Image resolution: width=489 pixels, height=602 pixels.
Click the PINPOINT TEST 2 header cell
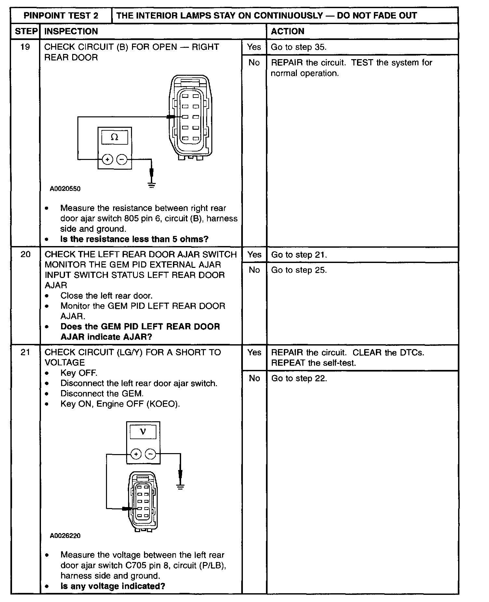[x=61, y=16]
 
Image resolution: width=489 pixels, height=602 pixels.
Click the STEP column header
[x=26, y=31]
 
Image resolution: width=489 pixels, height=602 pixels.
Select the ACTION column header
[x=287, y=31]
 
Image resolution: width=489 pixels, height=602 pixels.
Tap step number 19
[x=25, y=47]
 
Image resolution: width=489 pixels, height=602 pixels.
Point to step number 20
[x=25, y=254]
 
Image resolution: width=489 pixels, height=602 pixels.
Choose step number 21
[x=25, y=352]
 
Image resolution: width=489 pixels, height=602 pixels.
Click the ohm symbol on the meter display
[x=114, y=137]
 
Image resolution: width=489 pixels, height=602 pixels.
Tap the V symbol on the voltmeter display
[x=143, y=432]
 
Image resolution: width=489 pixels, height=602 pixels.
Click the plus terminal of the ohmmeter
[x=108, y=159]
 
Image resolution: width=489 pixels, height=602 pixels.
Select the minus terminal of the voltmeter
[x=150, y=454]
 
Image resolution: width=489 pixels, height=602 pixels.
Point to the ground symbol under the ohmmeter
[x=151, y=185]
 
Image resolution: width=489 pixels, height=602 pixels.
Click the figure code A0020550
[x=65, y=189]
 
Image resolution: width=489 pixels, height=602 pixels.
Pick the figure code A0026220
[x=65, y=536]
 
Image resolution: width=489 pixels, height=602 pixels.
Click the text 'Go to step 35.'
[x=298, y=47]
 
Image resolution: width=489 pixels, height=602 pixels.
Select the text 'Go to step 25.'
[x=299, y=270]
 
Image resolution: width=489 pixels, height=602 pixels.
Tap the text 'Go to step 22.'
[x=299, y=378]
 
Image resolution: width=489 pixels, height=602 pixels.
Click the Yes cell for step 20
[x=254, y=255]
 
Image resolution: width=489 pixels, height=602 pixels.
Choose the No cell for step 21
[x=254, y=378]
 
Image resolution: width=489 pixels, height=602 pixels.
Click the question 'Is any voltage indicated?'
[x=113, y=586]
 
